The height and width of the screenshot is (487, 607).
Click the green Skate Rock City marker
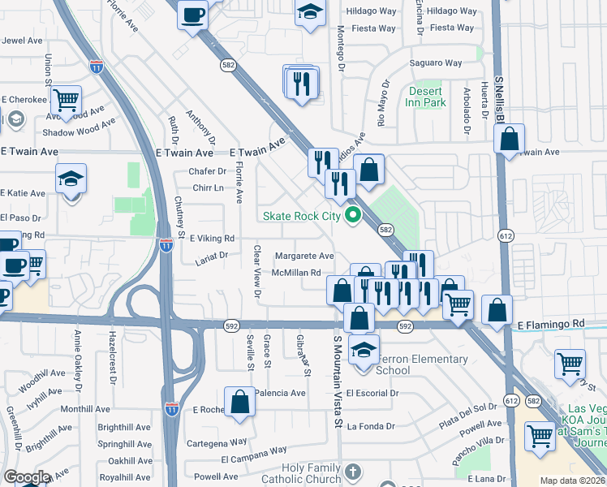click(352, 216)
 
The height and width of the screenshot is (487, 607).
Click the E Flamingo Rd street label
click(550, 324)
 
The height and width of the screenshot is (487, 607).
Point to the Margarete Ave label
click(304, 256)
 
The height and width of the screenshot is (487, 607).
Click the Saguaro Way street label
click(436, 63)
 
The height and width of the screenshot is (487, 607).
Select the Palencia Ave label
click(280, 393)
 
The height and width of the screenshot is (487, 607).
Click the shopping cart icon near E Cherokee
click(65, 101)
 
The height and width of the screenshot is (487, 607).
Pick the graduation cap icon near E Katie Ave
click(71, 178)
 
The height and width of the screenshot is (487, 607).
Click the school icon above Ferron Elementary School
click(364, 351)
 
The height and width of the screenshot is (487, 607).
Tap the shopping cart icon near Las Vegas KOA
click(540, 437)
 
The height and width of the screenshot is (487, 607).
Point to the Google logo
click(26, 477)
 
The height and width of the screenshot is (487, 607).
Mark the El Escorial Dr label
click(372, 393)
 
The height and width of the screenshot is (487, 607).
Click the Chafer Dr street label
click(207, 171)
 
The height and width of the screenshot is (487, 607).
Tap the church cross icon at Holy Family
click(351, 472)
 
